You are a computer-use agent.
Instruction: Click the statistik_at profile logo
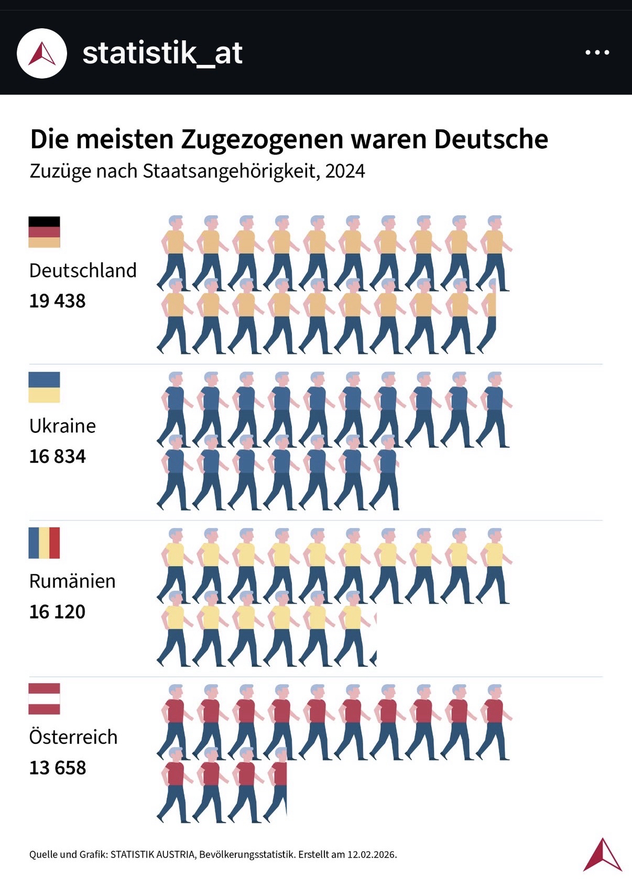click(x=42, y=53)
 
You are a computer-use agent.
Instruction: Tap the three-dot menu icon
click(x=597, y=52)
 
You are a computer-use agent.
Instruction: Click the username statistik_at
click(x=162, y=53)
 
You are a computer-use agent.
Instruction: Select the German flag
click(x=44, y=231)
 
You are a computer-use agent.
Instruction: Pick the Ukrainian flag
click(x=44, y=387)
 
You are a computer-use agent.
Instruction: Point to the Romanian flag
click(x=44, y=543)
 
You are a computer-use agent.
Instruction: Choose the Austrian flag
click(x=44, y=698)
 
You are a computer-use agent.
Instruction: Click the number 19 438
click(x=57, y=301)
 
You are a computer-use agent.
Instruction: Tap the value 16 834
click(x=57, y=457)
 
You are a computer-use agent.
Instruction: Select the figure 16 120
click(x=57, y=611)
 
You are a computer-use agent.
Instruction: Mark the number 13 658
click(x=57, y=767)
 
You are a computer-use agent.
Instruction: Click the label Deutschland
click(x=83, y=271)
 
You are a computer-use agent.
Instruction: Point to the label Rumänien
click(x=72, y=581)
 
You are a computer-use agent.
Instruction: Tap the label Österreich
click(x=73, y=737)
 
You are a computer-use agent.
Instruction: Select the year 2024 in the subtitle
click(x=345, y=171)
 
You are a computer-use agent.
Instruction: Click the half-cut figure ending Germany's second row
click(x=488, y=316)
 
